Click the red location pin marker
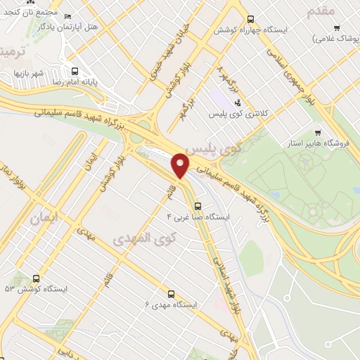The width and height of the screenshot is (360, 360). [181, 165]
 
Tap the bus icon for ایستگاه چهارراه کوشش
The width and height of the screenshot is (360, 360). [252, 19]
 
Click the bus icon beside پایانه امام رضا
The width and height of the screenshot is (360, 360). [75, 70]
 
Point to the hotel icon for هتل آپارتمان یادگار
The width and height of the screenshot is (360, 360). [67, 16]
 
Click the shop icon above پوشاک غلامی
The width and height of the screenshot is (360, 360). [337, 28]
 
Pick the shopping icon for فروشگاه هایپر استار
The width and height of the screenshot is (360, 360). [318, 132]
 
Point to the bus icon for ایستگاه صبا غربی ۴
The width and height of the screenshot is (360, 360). [198, 207]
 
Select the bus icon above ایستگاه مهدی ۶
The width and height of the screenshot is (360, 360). [170, 294]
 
